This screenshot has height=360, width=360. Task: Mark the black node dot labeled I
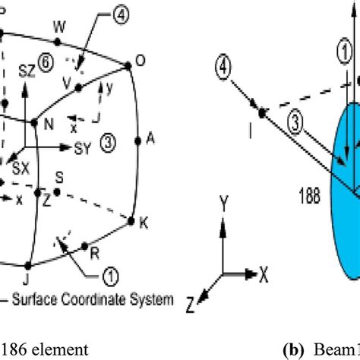tap(261, 113)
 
